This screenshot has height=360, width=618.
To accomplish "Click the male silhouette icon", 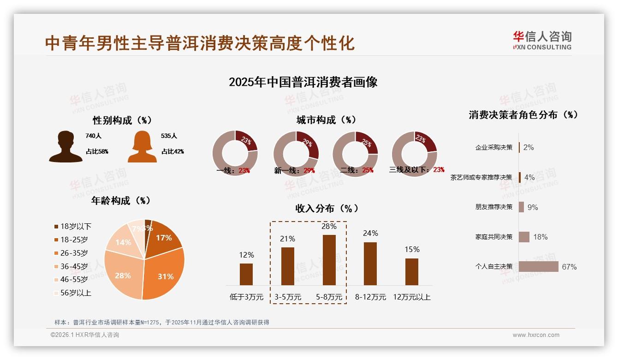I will pyautogui.click(x=65, y=147).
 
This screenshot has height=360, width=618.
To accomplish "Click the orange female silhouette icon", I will pyautogui.click(x=142, y=147).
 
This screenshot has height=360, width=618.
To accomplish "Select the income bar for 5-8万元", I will pyautogui.click(x=329, y=260).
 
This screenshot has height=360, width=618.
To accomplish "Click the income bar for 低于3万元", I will pyautogui.click(x=246, y=274).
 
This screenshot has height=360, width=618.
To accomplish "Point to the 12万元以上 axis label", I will pyautogui.click(x=411, y=297).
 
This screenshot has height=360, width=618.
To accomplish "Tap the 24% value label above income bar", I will pyautogui.click(x=370, y=234).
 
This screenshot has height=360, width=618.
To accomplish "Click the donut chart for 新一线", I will pyautogui.click(x=296, y=153).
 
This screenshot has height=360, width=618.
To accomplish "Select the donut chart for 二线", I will pyautogui.click(x=355, y=153).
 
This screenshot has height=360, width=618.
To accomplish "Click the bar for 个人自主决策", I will pyautogui.click(x=538, y=267).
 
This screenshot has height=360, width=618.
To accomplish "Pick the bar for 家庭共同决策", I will pyautogui.click(x=524, y=237).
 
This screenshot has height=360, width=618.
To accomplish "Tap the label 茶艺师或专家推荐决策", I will pyautogui.click(x=481, y=177).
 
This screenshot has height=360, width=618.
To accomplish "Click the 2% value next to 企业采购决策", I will pyautogui.click(x=529, y=147).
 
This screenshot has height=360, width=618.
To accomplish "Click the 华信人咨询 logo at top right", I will pyautogui.click(x=542, y=40).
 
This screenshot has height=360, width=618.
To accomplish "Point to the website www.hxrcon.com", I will pyautogui.click(x=536, y=335).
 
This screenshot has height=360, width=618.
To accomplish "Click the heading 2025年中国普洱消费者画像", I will pyautogui.click(x=303, y=82).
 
